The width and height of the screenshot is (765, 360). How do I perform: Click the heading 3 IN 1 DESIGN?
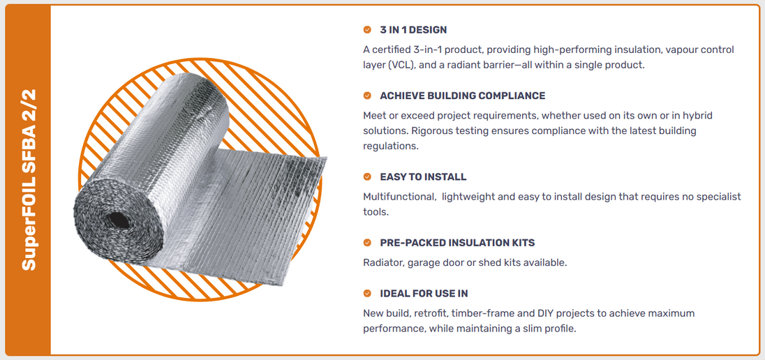(413, 30)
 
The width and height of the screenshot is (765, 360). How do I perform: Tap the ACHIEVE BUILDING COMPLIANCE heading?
(463, 96)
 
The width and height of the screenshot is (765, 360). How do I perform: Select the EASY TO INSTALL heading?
(423, 177)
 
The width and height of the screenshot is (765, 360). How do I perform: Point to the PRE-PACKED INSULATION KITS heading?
(457, 242)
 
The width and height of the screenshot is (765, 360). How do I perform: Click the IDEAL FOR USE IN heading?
(424, 294)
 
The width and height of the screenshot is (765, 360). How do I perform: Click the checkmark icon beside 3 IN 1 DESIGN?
(367, 30)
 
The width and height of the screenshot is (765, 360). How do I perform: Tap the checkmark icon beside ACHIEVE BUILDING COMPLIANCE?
(367, 96)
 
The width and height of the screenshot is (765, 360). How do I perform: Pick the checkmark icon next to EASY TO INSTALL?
(367, 177)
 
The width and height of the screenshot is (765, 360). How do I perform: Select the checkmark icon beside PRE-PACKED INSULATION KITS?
(367, 242)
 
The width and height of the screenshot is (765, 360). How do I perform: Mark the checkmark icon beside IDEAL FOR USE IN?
(367, 294)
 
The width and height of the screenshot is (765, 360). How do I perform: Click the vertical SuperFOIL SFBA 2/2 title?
(29, 179)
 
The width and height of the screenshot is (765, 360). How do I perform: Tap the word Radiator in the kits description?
(382, 262)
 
